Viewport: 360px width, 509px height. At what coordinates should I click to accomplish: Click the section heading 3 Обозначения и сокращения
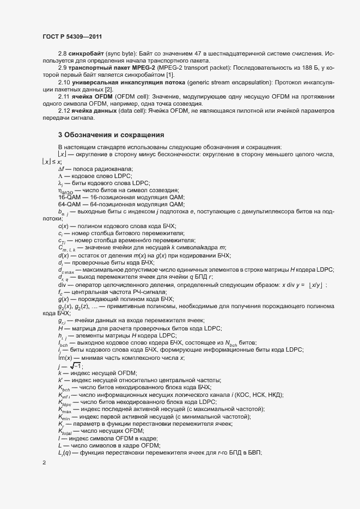[111, 134]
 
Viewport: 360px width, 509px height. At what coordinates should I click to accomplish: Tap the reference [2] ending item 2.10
[109, 89]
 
